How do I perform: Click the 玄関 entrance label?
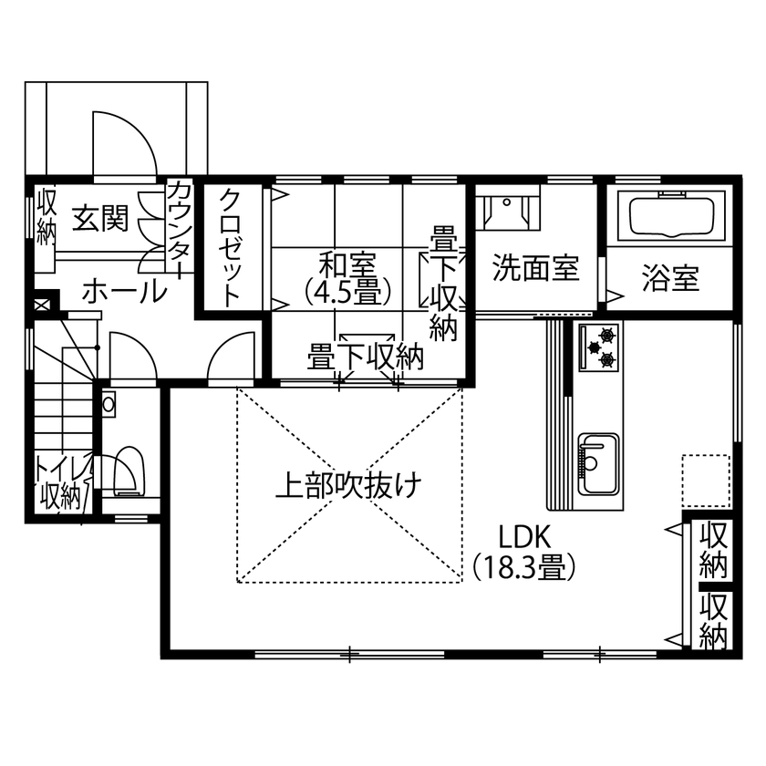[x=100, y=221]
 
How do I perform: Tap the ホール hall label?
[x=125, y=292]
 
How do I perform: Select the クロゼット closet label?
[x=231, y=246]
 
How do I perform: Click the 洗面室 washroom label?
[x=536, y=270]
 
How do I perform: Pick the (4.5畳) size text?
[x=347, y=292]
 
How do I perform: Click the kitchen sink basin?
[x=598, y=460]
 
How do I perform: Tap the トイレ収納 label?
[x=60, y=482]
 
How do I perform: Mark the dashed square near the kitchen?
[x=706, y=481]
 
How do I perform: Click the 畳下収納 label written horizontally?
[x=366, y=357]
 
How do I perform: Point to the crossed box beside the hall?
[x=42, y=304]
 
